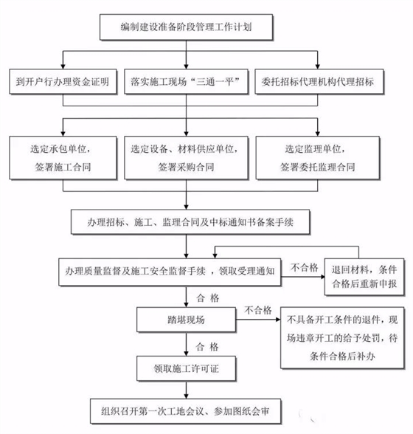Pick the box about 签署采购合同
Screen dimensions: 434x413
pyautogui.click(x=190, y=157)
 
